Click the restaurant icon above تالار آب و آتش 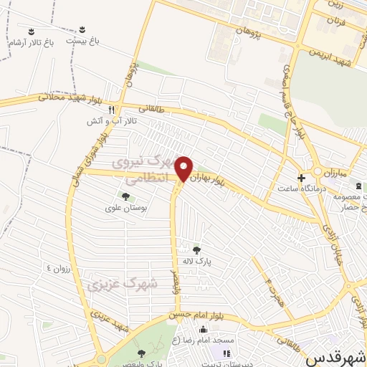[111, 110]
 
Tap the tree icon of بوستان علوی [125, 196]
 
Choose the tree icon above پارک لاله [196, 250]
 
